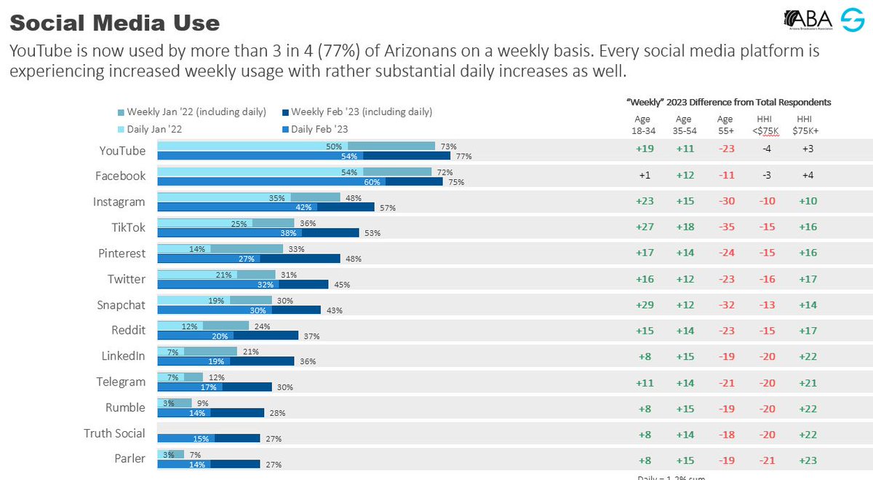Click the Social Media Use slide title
pyautogui.click(x=114, y=23)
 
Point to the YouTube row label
pyautogui.click(x=122, y=151)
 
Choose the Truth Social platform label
pyautogui.click(x=114, y=433)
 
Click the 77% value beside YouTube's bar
pyautogui.click(x=463, y=156)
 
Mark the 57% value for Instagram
pyautogui.click(x=387, y=208)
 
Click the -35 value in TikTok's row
pyautogui.click(x=725, y=228)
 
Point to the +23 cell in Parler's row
pyautogui.click(x=807, y=460)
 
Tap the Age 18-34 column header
pyautogui.click(x=642, y=125)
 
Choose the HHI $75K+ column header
pyautogui.click(x=806, y=125)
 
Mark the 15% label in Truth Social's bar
pyautogui.click(x=201, y=438)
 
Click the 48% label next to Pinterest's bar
pyautogui.click(x=353, y=259)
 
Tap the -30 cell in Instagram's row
pyautogui.click(x=725, y=202)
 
